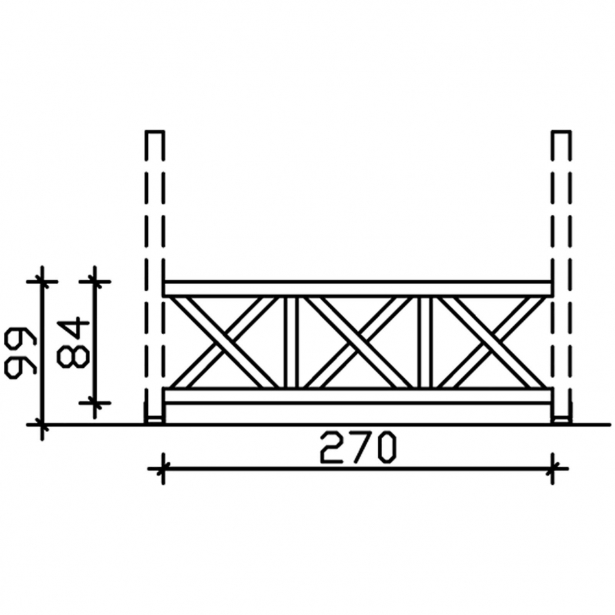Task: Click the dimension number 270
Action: point(357,448)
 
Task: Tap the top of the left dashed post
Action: point(154,132)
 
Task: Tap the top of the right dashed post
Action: point(561,132)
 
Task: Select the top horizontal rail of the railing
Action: point(357,289)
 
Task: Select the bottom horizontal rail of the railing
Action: point(357,396)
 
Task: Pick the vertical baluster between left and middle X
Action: point(291,342)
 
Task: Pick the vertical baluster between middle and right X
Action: point(425,342)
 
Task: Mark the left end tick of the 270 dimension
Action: point(162,468)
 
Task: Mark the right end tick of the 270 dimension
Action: point(553,468)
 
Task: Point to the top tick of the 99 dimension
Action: point(42,281)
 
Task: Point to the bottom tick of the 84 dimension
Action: point(95,402)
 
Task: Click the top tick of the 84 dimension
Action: point(95,281)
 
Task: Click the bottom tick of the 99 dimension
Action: point(42,425)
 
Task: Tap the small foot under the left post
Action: point(154,420)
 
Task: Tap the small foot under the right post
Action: point(561,420)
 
